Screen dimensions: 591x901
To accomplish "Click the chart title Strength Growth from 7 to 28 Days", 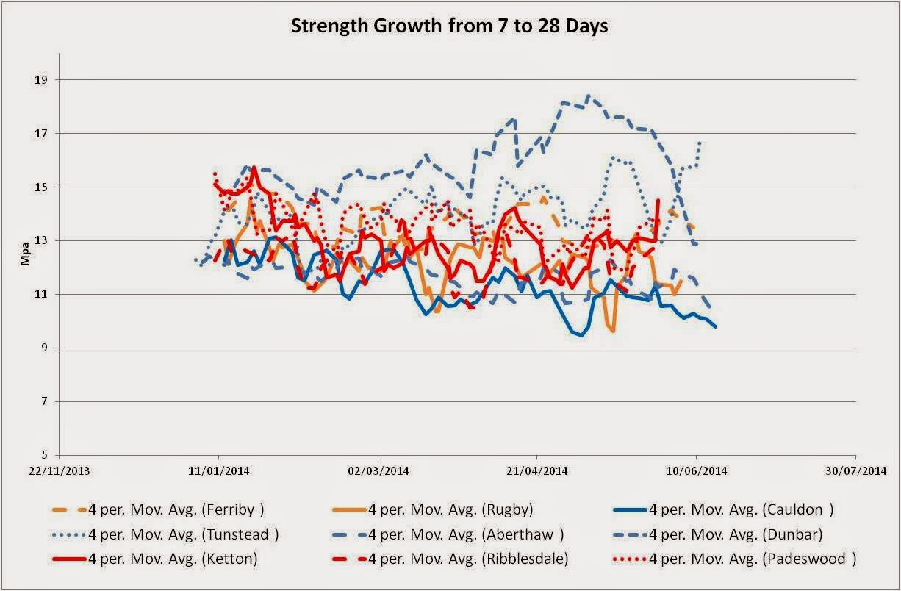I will [450, 26].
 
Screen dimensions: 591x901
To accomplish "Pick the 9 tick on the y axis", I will [48, 348].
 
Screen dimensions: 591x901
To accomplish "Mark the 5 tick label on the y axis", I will [48, 455].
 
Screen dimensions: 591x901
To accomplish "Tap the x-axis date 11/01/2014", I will [219, 470].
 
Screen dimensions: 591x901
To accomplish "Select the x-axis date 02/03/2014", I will [378, 470].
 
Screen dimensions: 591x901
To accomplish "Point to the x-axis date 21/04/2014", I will [537, 470].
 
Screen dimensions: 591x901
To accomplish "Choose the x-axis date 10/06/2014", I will [697, 470].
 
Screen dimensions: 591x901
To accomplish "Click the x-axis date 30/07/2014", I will [855, 470].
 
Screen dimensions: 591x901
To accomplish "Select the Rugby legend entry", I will [450, 509].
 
